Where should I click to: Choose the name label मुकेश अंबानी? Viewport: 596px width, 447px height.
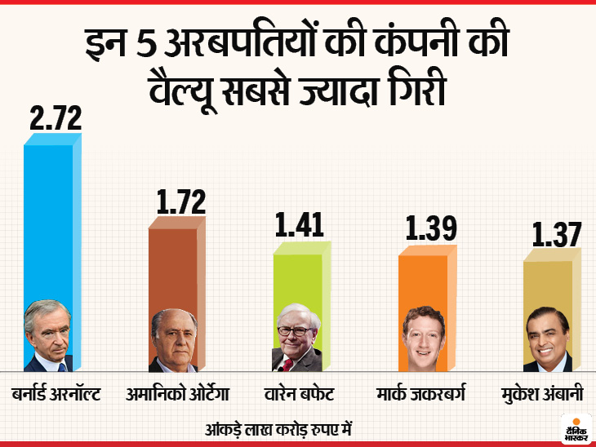pos(545,396)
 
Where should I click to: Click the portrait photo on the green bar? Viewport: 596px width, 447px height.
pos(297,338)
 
